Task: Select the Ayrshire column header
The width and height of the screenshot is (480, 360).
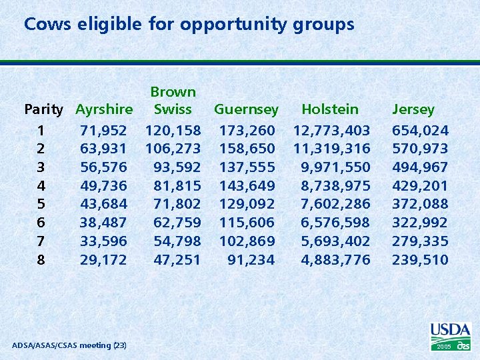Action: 104,109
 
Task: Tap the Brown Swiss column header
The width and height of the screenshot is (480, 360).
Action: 173,101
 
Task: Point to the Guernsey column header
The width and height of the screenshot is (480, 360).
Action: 246,109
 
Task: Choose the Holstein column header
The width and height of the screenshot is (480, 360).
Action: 330,109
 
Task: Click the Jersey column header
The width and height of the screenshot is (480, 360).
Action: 413,109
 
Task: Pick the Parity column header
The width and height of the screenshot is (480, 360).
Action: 43,109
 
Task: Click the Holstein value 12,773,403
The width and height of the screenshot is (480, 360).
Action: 331,130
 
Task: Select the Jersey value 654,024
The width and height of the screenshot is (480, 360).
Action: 420,130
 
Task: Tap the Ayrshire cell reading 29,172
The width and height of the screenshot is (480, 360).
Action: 103,259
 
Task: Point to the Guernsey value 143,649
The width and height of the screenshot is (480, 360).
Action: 247,185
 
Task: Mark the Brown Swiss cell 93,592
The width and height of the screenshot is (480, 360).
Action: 177,167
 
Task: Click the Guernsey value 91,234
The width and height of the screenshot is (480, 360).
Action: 251,259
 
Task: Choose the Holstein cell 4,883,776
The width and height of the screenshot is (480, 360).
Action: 335,259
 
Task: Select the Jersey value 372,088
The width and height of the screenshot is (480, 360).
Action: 420,204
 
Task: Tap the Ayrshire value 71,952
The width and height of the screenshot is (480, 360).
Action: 103,130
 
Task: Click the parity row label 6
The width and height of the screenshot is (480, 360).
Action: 41,223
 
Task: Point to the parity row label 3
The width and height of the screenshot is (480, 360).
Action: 41,167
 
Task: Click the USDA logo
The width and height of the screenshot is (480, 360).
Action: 451,335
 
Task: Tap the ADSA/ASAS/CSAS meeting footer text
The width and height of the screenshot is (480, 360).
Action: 69,345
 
